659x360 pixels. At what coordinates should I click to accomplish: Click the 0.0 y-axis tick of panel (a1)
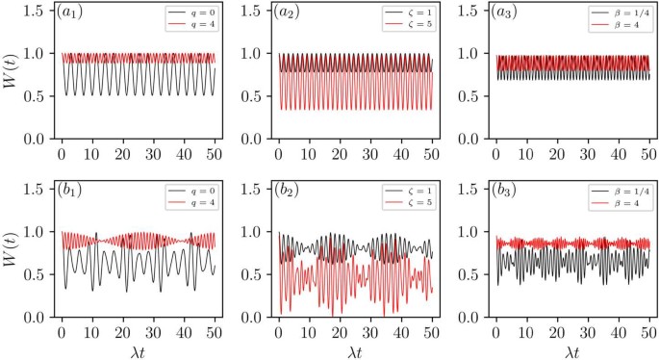click(35, 140)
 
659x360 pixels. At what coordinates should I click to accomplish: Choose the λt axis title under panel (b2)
click(356, 349)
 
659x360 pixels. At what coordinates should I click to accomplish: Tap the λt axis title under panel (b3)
click(573, 349)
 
